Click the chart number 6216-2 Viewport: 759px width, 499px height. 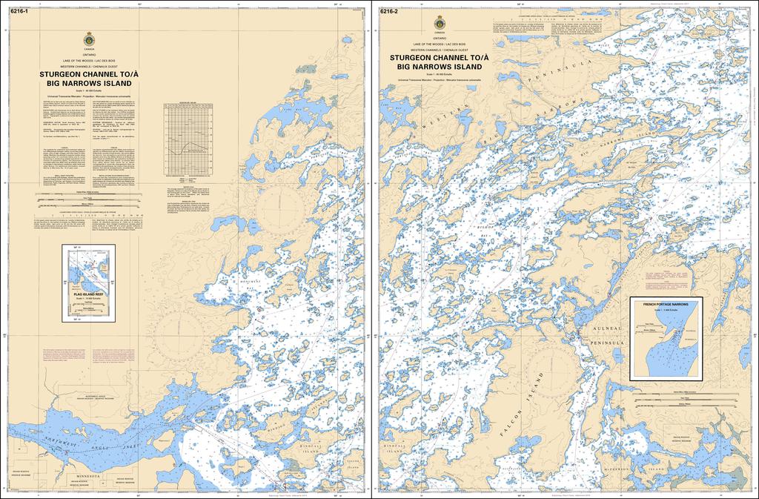click(390, 11)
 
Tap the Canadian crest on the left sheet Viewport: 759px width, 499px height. click(90, 38)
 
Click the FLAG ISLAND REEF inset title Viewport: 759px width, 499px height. click(89, 294)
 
